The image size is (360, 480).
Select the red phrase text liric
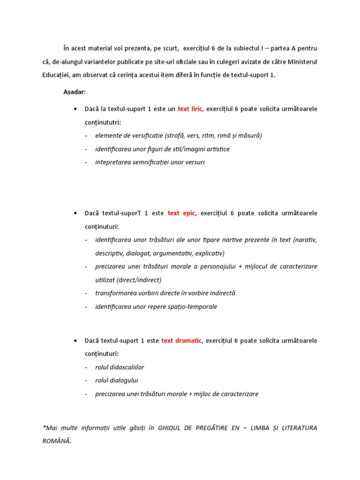pyautogui.click(x=190, y=109)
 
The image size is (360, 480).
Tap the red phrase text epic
pyautogui.click(x=180, y=213)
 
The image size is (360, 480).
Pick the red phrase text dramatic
pyautogui.click(x=181, y=340)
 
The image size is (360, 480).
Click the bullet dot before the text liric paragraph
pyautogui.click(x=75, y=109)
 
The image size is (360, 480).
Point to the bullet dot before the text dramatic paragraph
pyautogui.click(x=75, y=341)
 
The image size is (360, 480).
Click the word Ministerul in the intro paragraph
pyautogui.click(x=301, y=61)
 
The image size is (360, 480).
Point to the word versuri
pyautogui.click(x=193, y=162)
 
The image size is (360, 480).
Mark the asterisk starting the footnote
pyautogui.click(x=44, y=427)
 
